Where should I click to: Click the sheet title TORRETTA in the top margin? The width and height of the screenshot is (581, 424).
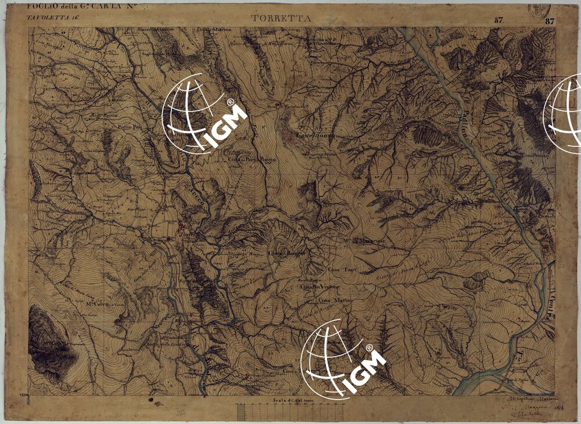click(x=281, y=18)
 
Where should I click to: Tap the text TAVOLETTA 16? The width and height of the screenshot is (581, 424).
click(x=52, y=18)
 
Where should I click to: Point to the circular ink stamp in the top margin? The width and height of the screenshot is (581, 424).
click(x=540, y=9)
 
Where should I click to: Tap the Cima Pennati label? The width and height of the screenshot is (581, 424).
click(x=535, y=156)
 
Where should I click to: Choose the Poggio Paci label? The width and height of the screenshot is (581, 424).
click(x=130, y=126)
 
